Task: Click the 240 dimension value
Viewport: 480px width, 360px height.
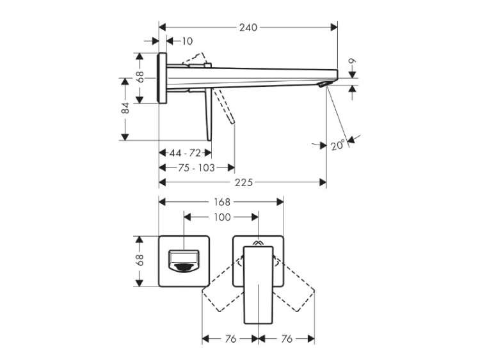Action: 248,27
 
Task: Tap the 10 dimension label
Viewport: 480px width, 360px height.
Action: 187,41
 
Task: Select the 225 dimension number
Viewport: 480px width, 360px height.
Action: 243,183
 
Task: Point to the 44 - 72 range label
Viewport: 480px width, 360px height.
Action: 185,153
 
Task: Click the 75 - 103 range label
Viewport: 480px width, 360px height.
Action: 196,168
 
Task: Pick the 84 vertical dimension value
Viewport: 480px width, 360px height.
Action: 125,108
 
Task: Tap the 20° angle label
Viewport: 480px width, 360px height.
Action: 338,145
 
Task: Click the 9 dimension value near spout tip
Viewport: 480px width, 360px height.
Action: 353,61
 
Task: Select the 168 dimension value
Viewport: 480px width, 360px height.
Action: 221,202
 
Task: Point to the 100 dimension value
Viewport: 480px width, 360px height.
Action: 222,217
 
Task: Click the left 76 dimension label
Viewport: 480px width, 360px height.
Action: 230,339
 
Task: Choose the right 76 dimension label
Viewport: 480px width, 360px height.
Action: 287,339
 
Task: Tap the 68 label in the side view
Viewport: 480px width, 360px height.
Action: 140,77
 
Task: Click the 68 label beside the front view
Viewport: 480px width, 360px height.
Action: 140,260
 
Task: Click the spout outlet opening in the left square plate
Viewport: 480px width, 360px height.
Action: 184,261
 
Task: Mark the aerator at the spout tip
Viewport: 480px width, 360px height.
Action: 324,84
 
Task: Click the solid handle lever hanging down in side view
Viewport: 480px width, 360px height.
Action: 209,114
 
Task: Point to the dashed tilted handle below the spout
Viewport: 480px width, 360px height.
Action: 225,107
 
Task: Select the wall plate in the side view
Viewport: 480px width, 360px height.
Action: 163,78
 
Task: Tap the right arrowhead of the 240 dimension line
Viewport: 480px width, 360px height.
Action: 333,27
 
